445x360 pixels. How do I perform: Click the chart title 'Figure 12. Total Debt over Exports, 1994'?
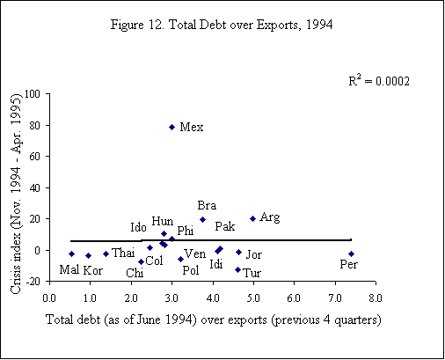(x=222, y=22)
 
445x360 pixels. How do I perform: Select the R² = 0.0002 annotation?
(x=380, y=81)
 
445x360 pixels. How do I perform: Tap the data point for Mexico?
(x=171, y=127)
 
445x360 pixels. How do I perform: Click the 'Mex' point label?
(x=191, y=128)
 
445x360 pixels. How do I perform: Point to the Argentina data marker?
(x=252, y=218)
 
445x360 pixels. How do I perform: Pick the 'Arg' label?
(x=270, y=217)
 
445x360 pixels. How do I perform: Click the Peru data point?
(x=351, y=253)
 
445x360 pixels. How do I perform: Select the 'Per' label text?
(x=348, y=264)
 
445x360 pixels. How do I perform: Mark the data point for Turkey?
(x=237, y=269)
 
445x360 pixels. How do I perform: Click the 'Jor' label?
(x=254, y=254)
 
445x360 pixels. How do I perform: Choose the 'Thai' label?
(x=122, y=253)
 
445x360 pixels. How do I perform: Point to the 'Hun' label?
(x=162, y=221)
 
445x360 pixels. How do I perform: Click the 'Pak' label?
(x=224, y=227)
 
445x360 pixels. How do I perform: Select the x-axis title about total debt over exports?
(x=212, y=319)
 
